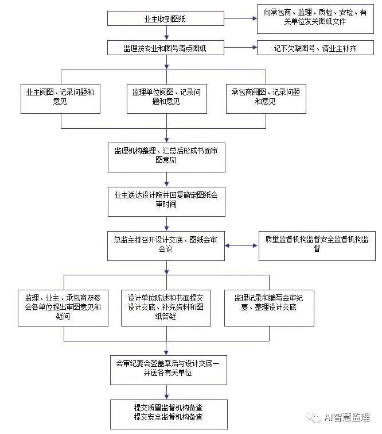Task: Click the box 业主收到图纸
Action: point(166,18)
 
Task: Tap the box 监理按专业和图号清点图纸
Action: point(166,48)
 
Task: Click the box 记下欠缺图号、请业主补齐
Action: point(315,48)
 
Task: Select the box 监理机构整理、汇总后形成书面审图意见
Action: point(166,156)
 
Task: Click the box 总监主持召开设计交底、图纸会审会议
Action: point(166,245)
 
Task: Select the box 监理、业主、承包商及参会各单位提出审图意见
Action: point(63,307)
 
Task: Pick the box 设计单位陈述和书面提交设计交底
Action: point(166,307)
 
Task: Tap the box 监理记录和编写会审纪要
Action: point(269,307)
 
